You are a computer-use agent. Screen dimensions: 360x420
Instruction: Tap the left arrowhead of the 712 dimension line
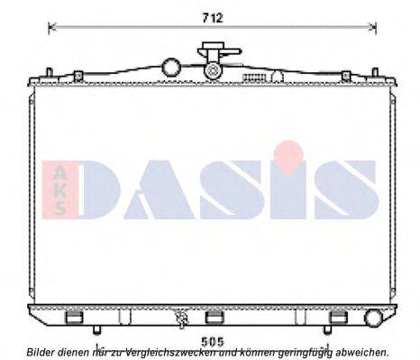pos(50,27)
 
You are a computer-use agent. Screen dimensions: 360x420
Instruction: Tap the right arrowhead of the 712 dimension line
pos(373,27)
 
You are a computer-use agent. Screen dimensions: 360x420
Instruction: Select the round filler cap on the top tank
pos(171,67)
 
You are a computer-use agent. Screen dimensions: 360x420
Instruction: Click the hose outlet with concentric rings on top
pos(213,70)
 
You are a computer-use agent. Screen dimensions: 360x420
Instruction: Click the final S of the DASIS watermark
pos(339,191)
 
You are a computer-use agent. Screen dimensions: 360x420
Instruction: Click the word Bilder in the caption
pos(41,352)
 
